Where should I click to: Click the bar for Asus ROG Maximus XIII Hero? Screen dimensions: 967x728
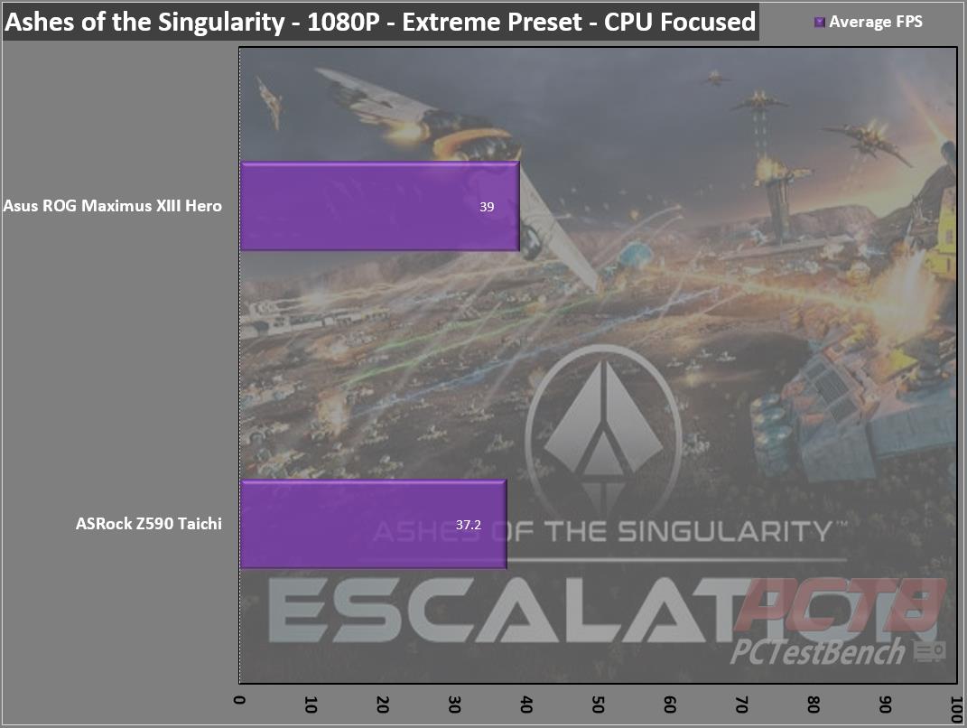pos(380,206)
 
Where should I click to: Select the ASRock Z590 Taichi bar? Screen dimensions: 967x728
pos(374,524)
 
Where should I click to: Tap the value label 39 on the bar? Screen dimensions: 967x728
pos(487,207)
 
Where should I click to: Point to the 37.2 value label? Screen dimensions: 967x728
pos(468,525)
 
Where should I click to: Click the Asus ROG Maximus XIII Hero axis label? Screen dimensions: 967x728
pos(112,205)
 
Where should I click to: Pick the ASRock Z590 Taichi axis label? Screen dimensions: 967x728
pos(149,524)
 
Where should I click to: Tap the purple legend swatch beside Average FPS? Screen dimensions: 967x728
pos(820,23)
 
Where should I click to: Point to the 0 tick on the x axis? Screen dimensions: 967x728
pos(240,700)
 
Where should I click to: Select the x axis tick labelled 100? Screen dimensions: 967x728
pos(956,709)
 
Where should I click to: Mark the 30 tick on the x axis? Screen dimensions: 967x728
pos(454,705)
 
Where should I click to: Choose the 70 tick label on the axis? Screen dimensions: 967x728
pos(742,705)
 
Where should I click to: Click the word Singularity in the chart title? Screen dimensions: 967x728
pos(221,23)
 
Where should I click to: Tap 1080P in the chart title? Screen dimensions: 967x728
pos(343,22)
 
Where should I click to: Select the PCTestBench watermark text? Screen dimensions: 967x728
pos(818,651)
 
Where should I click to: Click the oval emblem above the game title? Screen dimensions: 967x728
pos(603,425)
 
